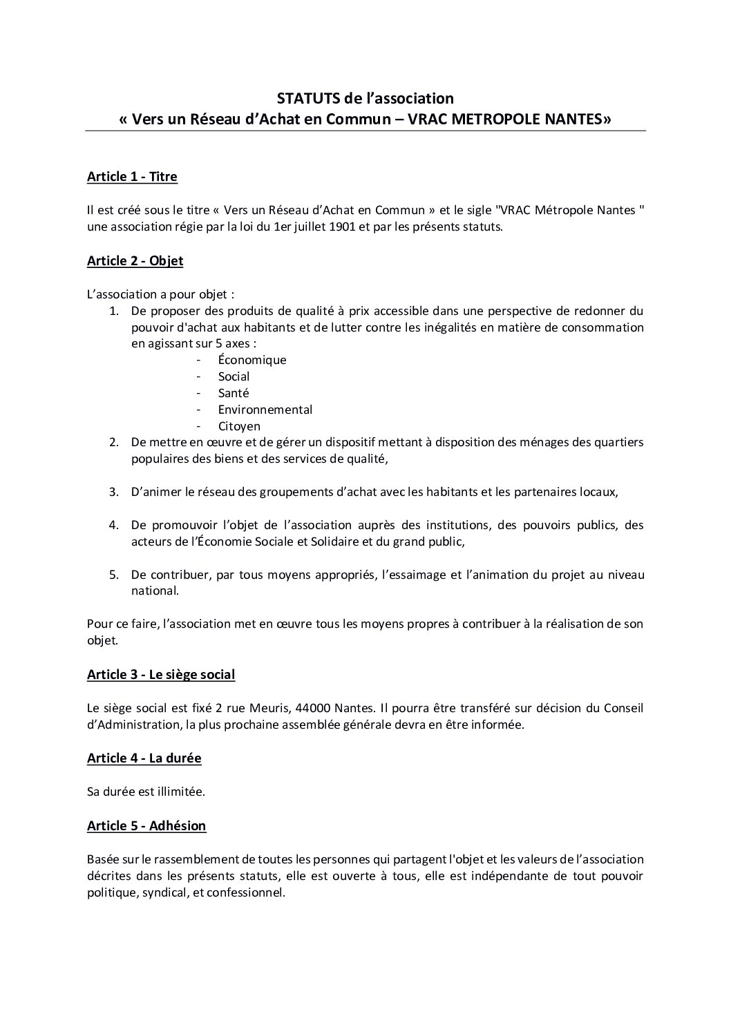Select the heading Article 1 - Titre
coord(132,177)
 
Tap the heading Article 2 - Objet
coord(135,261)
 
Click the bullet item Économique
coord(252,360)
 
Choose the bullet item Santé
coord(234,393)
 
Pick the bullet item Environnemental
coord(265,410)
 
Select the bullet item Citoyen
coord(239,426)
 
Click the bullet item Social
coord(234,376)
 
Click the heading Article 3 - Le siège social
coord(161,675)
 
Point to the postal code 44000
coord(313,709)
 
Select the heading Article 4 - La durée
coord(144,758)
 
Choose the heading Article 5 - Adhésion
coord(146,826)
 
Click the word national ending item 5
coord(154,591)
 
